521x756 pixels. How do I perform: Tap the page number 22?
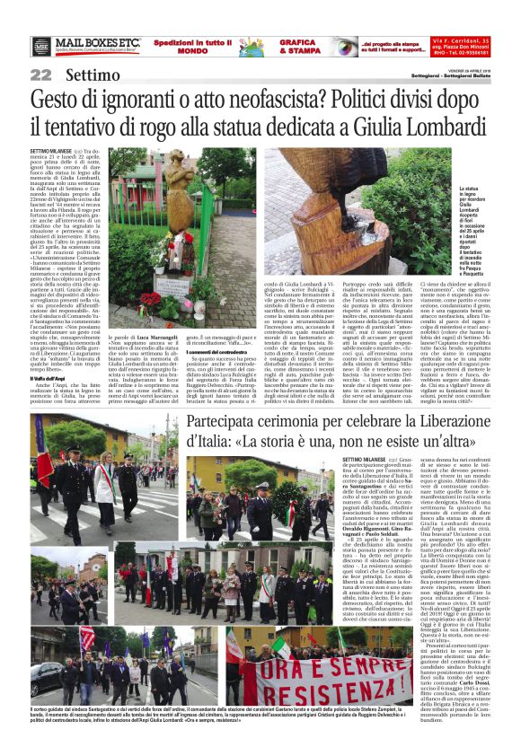tap(41, 75)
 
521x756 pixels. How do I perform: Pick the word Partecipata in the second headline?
tap(226, 424)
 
